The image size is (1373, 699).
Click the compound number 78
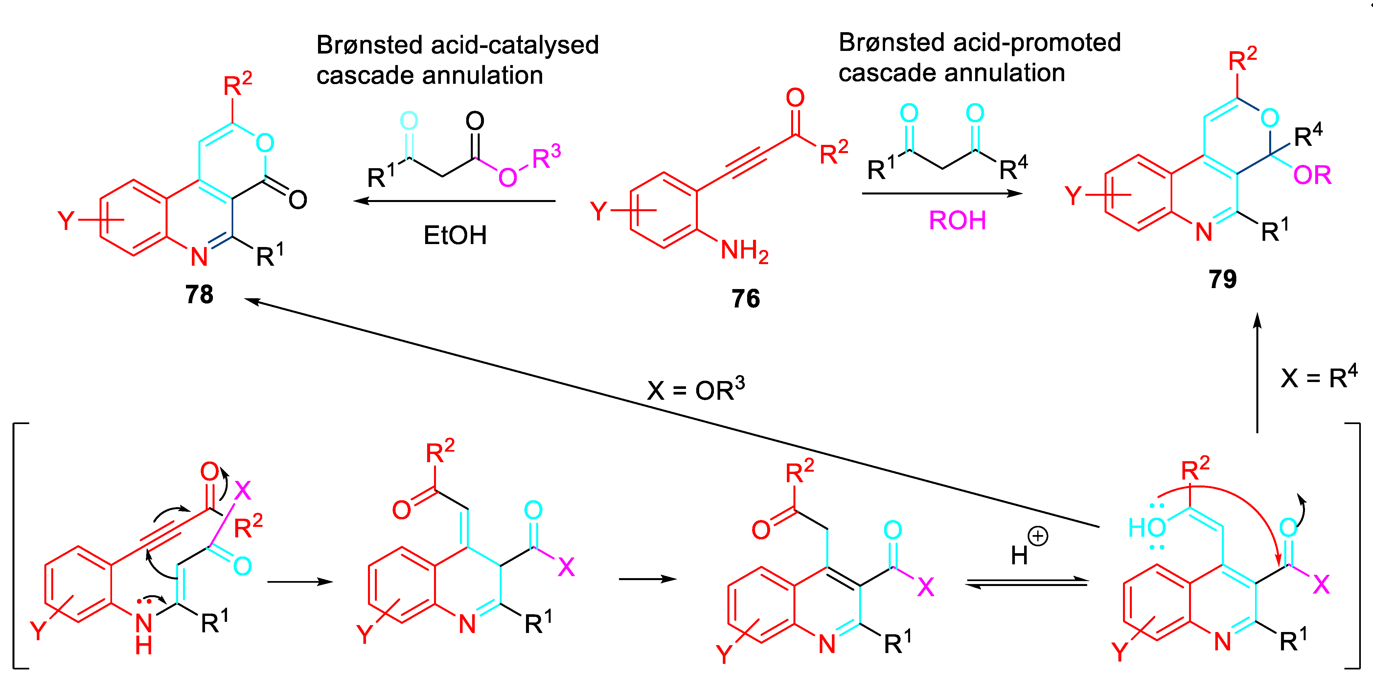(199, 294)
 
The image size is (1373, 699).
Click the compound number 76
(745, 298)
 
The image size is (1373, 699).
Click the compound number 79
(1222, 279)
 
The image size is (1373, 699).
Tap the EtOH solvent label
(455, 235)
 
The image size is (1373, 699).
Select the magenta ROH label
(957, 220)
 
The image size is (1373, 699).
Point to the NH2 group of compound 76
(744, 250)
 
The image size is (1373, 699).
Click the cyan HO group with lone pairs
(1147, 527)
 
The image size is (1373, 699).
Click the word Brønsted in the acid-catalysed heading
(370, 45)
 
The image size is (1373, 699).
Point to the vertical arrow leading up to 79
(1257, 373)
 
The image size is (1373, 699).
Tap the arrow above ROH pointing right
(942, 193)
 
